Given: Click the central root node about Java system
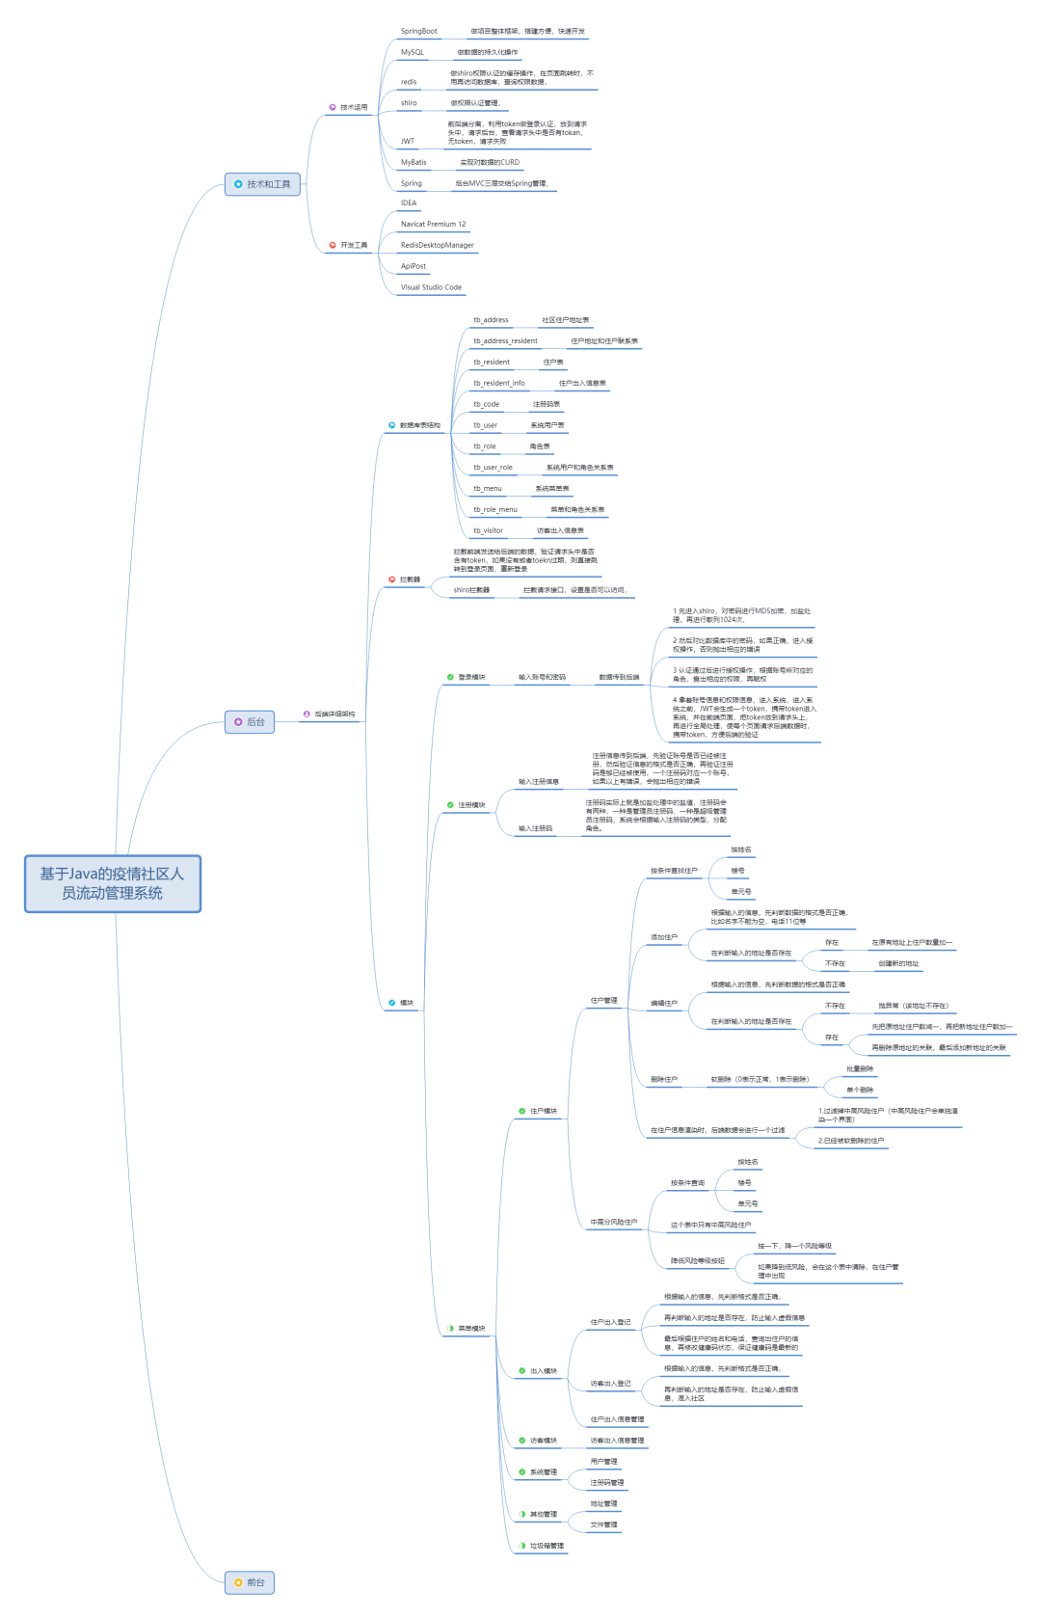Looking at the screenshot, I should pyautogui.click(x=112, y=883).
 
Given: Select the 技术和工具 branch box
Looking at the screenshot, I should pyautogui.click(x=262, y=184).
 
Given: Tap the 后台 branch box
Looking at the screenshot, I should pyautogui.click(x=249, y=721).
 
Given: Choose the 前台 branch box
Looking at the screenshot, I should pyautogui.click(x=249, y=1582).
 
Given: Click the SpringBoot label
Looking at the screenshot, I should pyautogui.click(x=418, y=32).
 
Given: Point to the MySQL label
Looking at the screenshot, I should pyautogui.click(x=412, y=53).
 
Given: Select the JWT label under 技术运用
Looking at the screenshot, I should pyautogui.click(x=408, y=142).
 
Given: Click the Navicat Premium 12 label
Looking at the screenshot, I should pyautogui.click(x=433, y=225).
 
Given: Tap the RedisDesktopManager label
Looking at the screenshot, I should pyautogui.click(x=437, y=246).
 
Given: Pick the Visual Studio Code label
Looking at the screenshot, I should pyautogui.click(x=431, y=287).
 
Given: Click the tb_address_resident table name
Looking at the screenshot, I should pyautogui.click(x=505, y=341).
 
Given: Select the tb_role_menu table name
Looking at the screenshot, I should pyautogui.click(x=494, y=510).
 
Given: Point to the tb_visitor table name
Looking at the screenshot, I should pyautogui.click(x=488, y=531).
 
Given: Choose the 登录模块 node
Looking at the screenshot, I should pyautogui.click(x=471, y=678).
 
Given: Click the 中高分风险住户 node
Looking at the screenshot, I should pyautogui.click(x=614, y=1223).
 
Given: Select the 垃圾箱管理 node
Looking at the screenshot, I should pyautogui.click(x=547, y=1546).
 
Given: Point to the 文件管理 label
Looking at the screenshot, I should pyautogui.click(x=603, y=1524).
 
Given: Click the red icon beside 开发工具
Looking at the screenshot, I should pyautogui.click(x=333, y=246).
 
